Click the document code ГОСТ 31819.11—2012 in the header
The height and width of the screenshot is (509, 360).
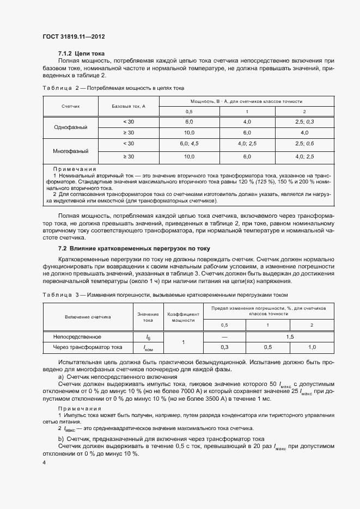pos(74,36)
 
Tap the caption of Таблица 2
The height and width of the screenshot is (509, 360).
pos(113,87)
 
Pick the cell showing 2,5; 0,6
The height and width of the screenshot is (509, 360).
pos(304,144)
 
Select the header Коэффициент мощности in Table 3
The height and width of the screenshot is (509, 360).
pos(183,317)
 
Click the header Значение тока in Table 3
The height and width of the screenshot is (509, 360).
pos(148,317)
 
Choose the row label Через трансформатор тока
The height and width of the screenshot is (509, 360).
pos(88,347)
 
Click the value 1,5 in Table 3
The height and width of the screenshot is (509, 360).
pos(289,337)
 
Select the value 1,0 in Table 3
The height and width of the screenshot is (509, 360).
pos(312,347)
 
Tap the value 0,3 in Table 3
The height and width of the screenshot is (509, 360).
pos(224,347)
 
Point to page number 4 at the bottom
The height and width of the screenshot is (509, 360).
pos(44,462)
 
